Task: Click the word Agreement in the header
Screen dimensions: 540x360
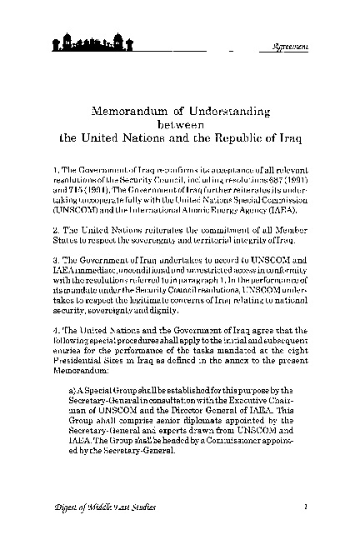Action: (292, 45)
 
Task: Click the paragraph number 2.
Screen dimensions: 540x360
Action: (54, 228)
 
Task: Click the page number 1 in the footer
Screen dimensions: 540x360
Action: (307, 505)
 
